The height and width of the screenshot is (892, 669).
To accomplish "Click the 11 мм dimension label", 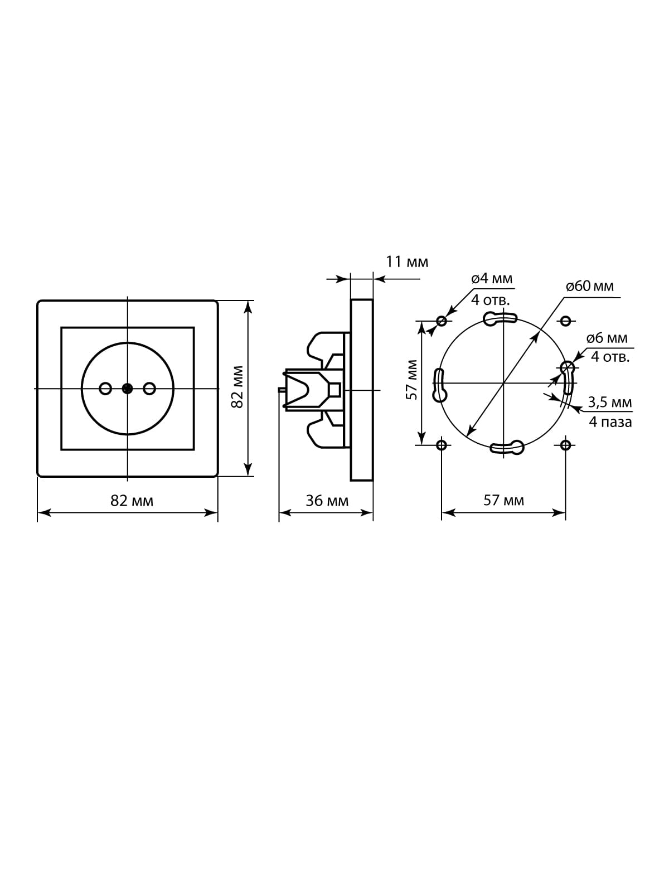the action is (406, 262).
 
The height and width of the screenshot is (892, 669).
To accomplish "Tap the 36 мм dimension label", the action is (327, 501).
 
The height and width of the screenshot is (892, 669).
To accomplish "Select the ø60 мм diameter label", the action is (590, 286).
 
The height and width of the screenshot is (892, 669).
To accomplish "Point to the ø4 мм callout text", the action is (492, 279).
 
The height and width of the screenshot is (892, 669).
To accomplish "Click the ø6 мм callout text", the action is (607, 338).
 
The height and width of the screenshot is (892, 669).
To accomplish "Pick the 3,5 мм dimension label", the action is (610, 403).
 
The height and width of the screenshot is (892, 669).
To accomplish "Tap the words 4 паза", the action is (610, 422).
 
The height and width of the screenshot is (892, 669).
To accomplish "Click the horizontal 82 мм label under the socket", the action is (132, 501).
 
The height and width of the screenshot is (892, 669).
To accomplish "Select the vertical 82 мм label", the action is (237, 387).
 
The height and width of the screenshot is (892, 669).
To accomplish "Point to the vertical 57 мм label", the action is (412, 380).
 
